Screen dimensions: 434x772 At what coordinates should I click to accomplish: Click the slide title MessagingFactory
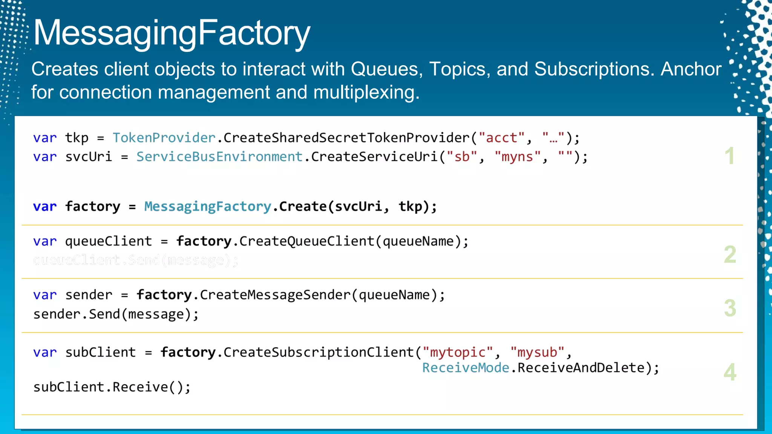(x=172, y=33)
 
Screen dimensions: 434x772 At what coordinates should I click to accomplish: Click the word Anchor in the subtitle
(x=691, y=69)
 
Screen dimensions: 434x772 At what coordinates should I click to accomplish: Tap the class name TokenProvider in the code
(x=164, y=138)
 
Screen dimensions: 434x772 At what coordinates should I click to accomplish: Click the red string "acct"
(x=501, y=138)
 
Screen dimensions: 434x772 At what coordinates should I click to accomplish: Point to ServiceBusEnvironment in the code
(x=219, y=157)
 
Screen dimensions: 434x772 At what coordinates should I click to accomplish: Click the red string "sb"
(x=462, y=157)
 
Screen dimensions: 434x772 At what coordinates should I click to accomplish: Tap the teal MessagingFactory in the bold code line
(x=208, y=206)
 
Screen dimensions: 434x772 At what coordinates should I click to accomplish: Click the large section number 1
(x=729, y=156)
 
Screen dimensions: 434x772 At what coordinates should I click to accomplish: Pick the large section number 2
(x=730, y=255)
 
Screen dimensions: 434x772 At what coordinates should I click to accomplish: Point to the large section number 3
(x=730, y=308)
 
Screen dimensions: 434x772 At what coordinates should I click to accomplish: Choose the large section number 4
(x=730, y=372)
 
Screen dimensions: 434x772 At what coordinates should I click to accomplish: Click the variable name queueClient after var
(x=109, y=241)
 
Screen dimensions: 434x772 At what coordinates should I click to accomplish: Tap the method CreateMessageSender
(x=275, y=295)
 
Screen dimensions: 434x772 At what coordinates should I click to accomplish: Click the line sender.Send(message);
(x=116, y=314)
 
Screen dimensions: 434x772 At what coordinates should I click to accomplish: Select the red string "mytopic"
(x=458, y=352)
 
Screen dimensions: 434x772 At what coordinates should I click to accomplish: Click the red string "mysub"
(x=537, y=352)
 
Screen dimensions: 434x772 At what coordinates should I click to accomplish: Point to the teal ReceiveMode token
(x=466, y=368)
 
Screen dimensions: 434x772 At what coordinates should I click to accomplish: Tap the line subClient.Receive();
(x=112, y=387)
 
